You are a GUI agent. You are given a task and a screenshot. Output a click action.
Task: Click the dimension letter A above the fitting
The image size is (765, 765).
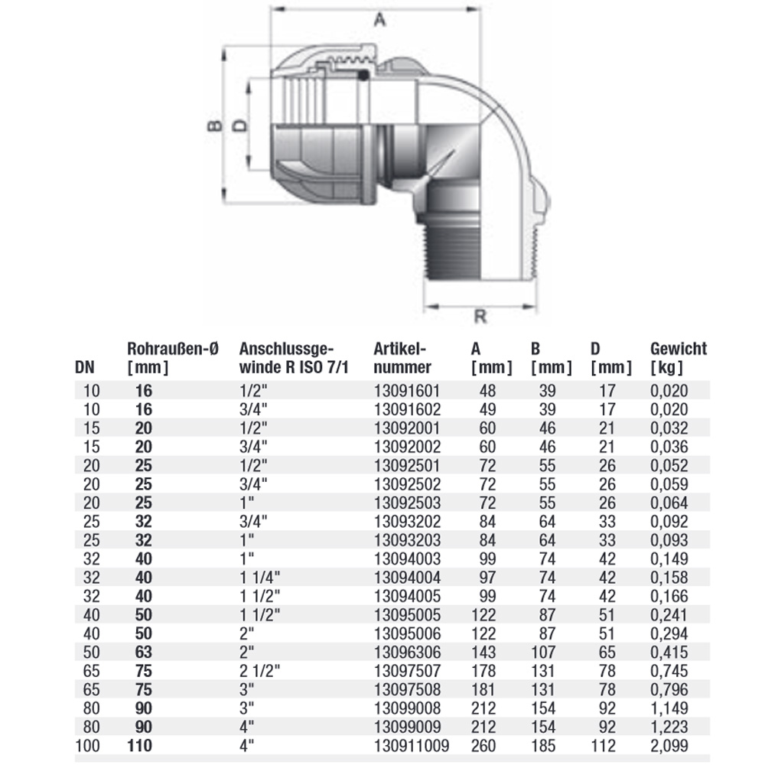click(377, 22)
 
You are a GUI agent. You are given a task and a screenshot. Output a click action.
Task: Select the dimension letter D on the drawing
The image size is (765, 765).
click(239, 125)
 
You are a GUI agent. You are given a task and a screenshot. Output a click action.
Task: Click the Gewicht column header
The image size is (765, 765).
click(679, 358)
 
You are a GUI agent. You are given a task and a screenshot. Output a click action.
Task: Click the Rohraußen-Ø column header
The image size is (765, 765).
click(173, 358)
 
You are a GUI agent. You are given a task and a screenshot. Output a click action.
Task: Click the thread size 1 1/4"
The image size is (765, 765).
click(260, 577)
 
